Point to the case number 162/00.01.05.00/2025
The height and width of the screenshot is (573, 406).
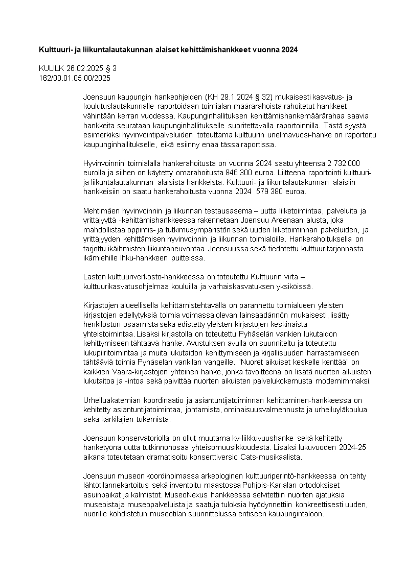75,78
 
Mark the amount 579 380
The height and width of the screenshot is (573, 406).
277,192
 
